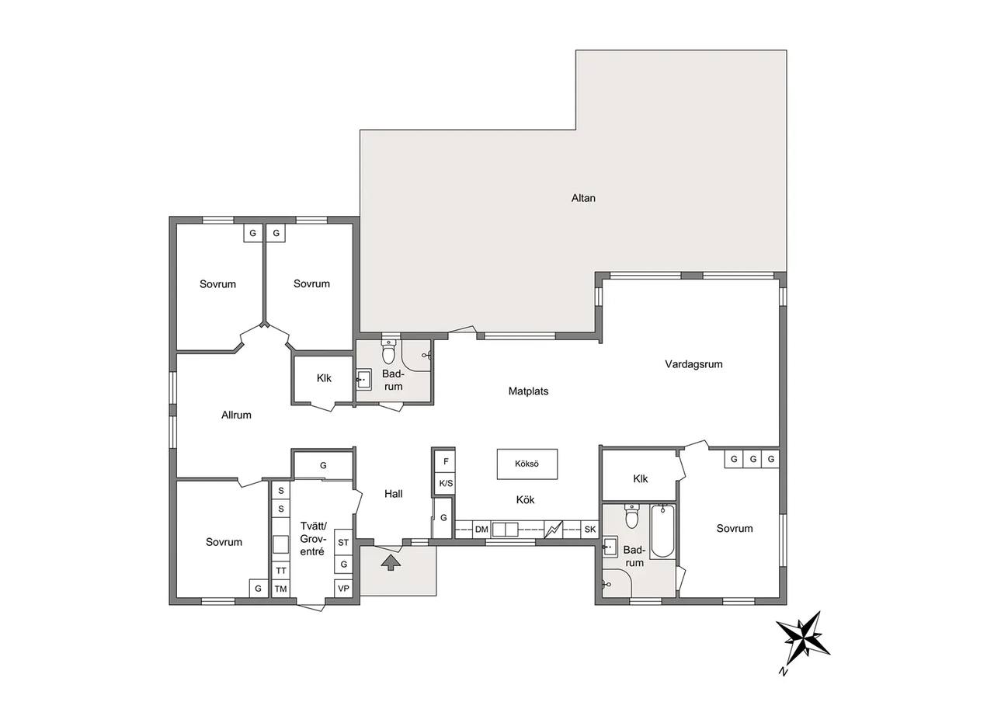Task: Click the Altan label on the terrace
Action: [x=583, y=198]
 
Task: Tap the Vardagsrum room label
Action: [x=693, y=364]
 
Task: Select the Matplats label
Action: [x=528, y=391]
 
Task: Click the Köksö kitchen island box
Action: [x=527, y=464]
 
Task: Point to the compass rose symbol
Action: [x=803, y=639]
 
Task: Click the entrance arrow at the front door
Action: [x=391, y=562]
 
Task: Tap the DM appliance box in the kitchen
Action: [x=481, y=530]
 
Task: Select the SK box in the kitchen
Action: [x=589, y=530]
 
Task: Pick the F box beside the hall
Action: [x=446, y=461]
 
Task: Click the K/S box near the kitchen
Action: [x=446, y=483]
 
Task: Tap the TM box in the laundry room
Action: [x=280, y=589]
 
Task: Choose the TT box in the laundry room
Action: [x=280, y=571]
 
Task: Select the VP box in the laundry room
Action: [x=343, y=589]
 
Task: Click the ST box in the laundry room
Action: [x=343, y=542]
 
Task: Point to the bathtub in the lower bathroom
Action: [x=663, y=531]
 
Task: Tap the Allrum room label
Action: [x=236, y=415]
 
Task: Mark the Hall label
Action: [x=393, y=494]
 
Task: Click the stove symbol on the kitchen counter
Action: [x=553, y=530]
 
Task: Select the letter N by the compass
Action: [x=784, y=684]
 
